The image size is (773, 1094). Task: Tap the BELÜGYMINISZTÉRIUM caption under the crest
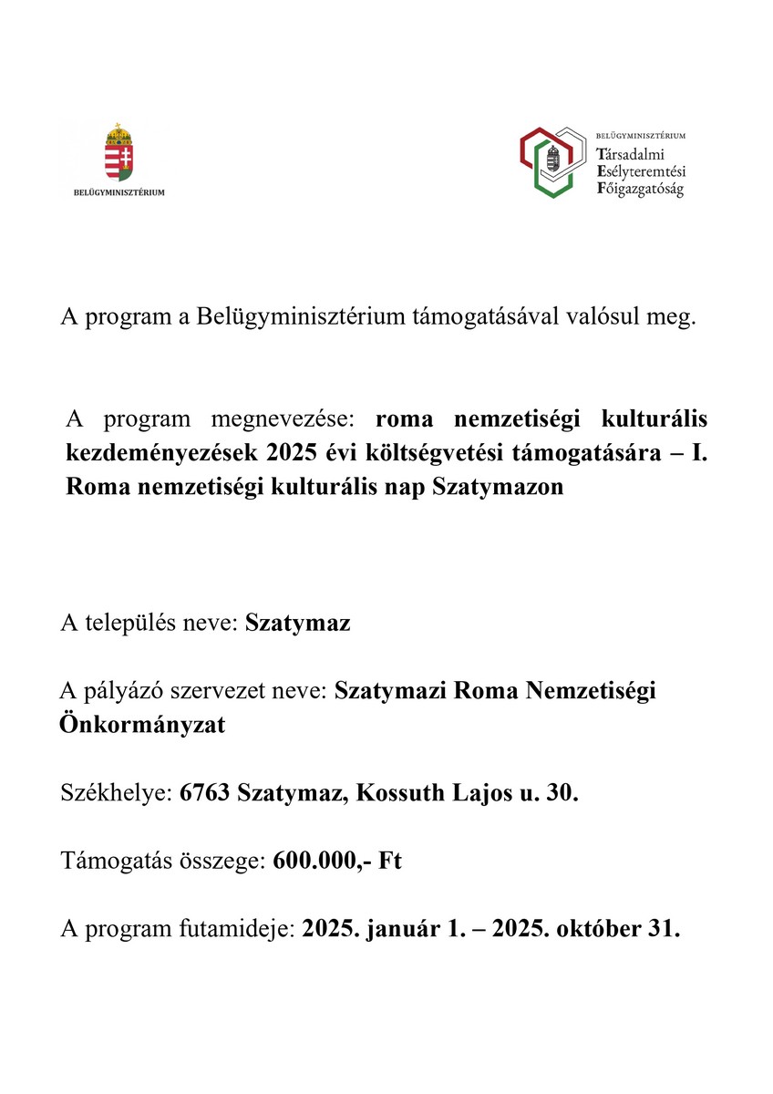tap(119, 192)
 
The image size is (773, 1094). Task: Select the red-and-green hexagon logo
tap(551, 161)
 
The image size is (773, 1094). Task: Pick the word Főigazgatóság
tap(639, 190)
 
